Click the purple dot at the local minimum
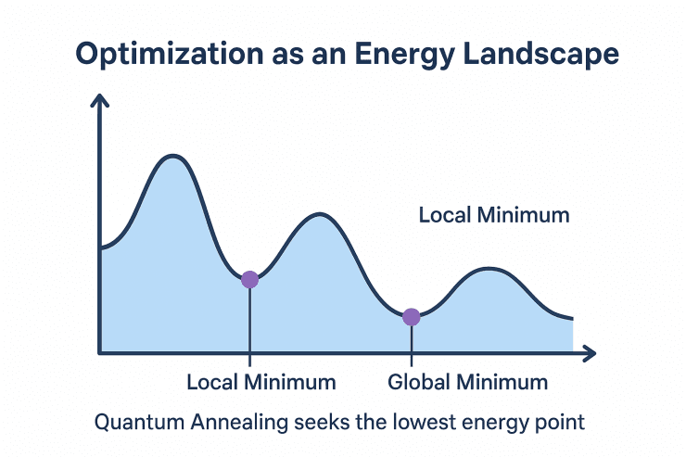coord(249,279)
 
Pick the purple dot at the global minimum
coord(412,317)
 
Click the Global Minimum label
coord(467,382)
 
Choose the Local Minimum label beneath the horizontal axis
coord(260,382)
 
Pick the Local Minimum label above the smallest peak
coord(493,216)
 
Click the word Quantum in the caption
coord(135,423)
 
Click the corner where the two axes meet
coord(99,353)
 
